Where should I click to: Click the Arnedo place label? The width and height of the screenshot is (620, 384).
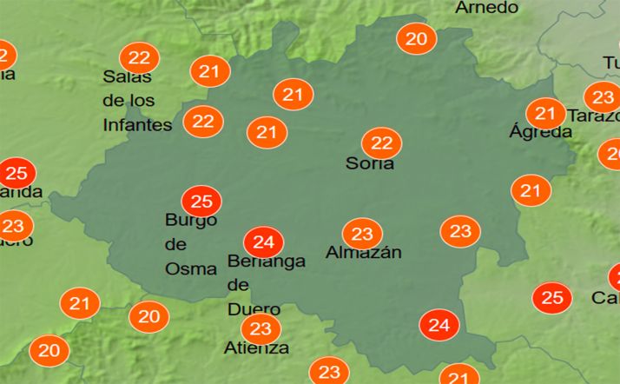(x=486, y=8)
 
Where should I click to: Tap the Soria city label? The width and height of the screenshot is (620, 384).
(x=370, y=163)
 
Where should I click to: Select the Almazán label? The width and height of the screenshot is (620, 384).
(x=364, y=254)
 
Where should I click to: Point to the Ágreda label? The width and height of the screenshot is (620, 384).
(x=540, y=133)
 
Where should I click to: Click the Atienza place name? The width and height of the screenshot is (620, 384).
(x=256, y=348)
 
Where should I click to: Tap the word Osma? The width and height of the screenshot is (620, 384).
(x=190, y=268)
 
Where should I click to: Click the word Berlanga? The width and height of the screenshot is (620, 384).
(x=266, y=261)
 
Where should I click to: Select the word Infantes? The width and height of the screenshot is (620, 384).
(x=137, y=125)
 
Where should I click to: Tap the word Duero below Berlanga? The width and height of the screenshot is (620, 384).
(x=254, y=308)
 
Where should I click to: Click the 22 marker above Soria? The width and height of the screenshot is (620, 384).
(x=381, y=143)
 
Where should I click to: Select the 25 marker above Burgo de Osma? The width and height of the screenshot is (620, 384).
(x=201, y=202)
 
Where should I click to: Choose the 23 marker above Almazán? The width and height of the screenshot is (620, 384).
(x=362, y=234)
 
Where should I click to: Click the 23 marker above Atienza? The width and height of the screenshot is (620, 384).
(x=260, y=328)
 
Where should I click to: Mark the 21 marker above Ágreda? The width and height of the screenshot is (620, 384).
(x=545, y=113)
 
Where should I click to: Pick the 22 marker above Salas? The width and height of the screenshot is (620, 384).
(x=138, y=58)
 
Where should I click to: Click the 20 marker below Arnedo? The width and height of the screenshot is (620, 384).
(x=416, y=39)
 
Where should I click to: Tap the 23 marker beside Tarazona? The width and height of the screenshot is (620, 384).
(x=602, y=96)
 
